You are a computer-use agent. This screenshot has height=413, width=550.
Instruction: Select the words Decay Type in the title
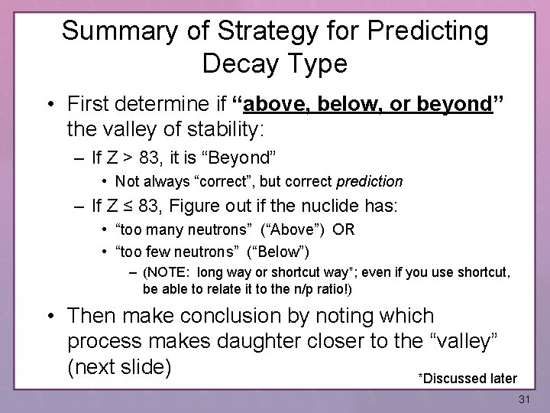(x=275, y=63)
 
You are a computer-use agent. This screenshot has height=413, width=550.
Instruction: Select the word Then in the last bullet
(x=92, y=316)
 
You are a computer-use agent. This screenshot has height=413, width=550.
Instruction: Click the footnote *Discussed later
(x=467, y=378)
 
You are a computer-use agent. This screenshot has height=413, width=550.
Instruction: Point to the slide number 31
(x=524, y=399)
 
